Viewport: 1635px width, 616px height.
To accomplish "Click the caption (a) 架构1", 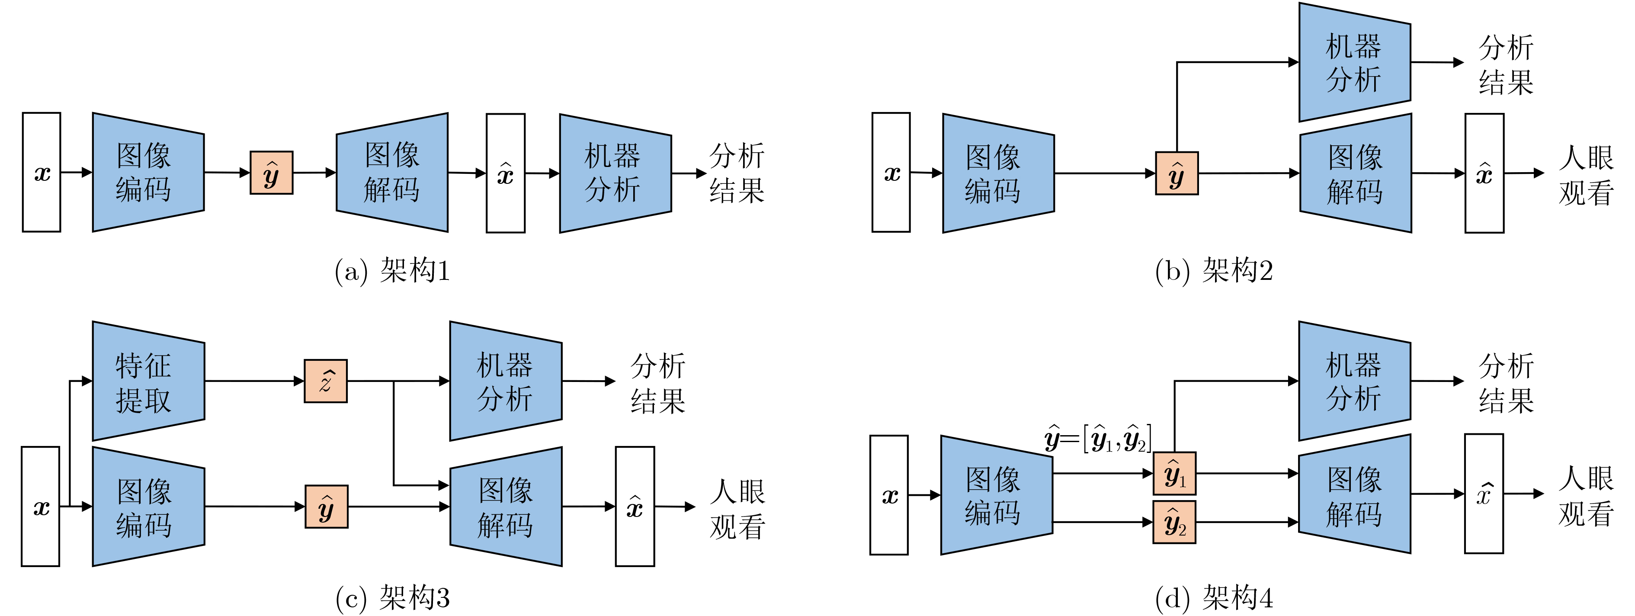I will point(391,271).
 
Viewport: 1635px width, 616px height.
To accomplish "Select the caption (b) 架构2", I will point(1214,271).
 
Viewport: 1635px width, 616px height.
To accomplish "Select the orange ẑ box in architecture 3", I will point(326,381).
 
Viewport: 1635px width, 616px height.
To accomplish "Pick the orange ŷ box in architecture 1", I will point(272,173).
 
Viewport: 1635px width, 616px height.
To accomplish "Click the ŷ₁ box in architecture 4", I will point(1174,473).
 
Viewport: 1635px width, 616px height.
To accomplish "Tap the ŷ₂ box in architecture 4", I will point(1174,522).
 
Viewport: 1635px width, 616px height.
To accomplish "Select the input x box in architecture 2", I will point(891,173).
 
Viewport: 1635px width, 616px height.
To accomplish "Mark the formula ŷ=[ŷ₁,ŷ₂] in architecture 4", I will point(1098,439).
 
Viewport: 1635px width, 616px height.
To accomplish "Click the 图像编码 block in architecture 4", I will point(996,495).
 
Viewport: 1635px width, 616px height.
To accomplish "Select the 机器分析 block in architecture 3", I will point(505,381).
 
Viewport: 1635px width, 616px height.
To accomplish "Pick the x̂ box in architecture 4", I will point(1483,494).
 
